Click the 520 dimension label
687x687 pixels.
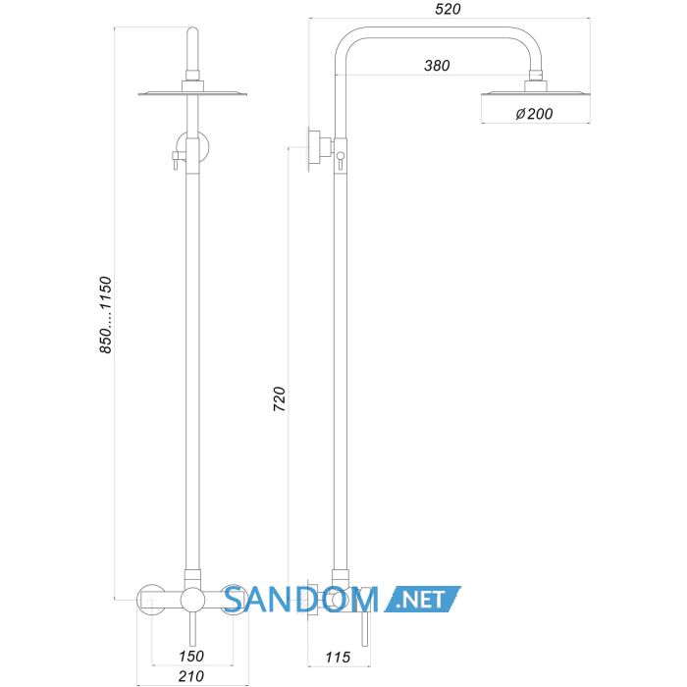point(448,9)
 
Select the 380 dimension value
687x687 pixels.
point(437,66)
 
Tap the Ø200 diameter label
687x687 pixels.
point(534,114)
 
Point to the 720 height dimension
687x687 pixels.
point(280,398)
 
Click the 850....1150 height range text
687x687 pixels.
point(106,315)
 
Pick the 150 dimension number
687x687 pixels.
point(191,656)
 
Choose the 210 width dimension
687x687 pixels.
point(191,676)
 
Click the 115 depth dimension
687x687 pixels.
point(338,658)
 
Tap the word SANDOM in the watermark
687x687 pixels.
point(301,600)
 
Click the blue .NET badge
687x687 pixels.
point(422,599)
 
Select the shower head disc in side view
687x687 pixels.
point(536,93)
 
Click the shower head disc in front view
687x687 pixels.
point(192,93)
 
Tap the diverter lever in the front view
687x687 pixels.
point(176,159)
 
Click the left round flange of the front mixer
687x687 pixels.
point(151,600)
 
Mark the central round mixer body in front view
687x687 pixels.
point(192,600)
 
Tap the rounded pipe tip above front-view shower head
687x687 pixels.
point(192,31)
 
